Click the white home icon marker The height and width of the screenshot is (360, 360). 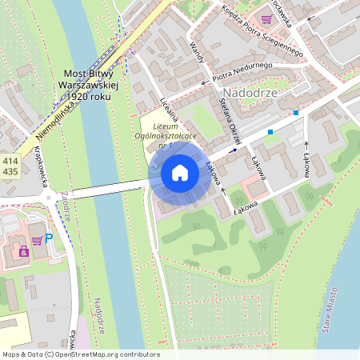pyautogui.click(x=180, y=173)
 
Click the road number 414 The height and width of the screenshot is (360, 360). pyautogui.click(x=10, y=160)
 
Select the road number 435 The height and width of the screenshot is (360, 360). pyautogui.click(x=10, y=171)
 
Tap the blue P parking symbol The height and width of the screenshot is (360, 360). pyautogui.click(x=49, y=238)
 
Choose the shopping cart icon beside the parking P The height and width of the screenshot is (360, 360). pyautogui.click(x=36, y=240)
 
